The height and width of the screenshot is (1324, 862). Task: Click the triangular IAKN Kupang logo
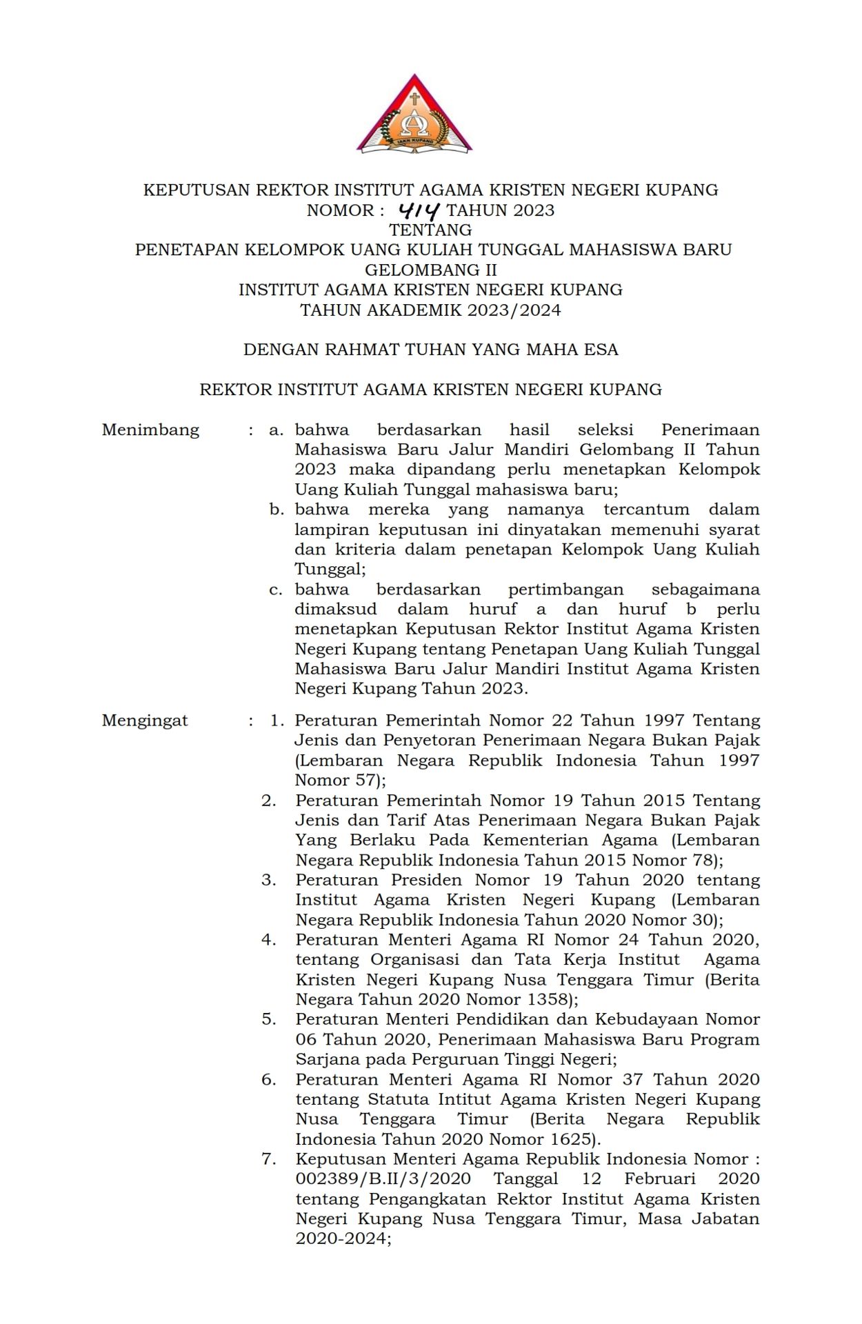coord(414,116)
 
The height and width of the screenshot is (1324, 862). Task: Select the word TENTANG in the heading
coord(430,230)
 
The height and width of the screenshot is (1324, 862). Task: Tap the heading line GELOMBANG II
coord(430,270)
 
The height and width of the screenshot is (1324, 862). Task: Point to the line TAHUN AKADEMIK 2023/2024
coord(430,310)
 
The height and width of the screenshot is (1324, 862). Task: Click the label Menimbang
coord(150,430)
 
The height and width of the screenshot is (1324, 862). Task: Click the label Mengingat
coord(145,721)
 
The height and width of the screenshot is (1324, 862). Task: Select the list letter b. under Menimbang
coord(277,510)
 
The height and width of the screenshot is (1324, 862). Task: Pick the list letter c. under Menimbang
coord(277,590)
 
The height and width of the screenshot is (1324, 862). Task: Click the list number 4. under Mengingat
coord(269,940)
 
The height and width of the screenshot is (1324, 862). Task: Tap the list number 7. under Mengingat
coord(269,1159)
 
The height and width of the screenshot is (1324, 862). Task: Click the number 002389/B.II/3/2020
coord(383,1179)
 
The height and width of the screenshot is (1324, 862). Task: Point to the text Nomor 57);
coord(341,781)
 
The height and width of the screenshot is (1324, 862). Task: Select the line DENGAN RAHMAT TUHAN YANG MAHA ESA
coord(430,350)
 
